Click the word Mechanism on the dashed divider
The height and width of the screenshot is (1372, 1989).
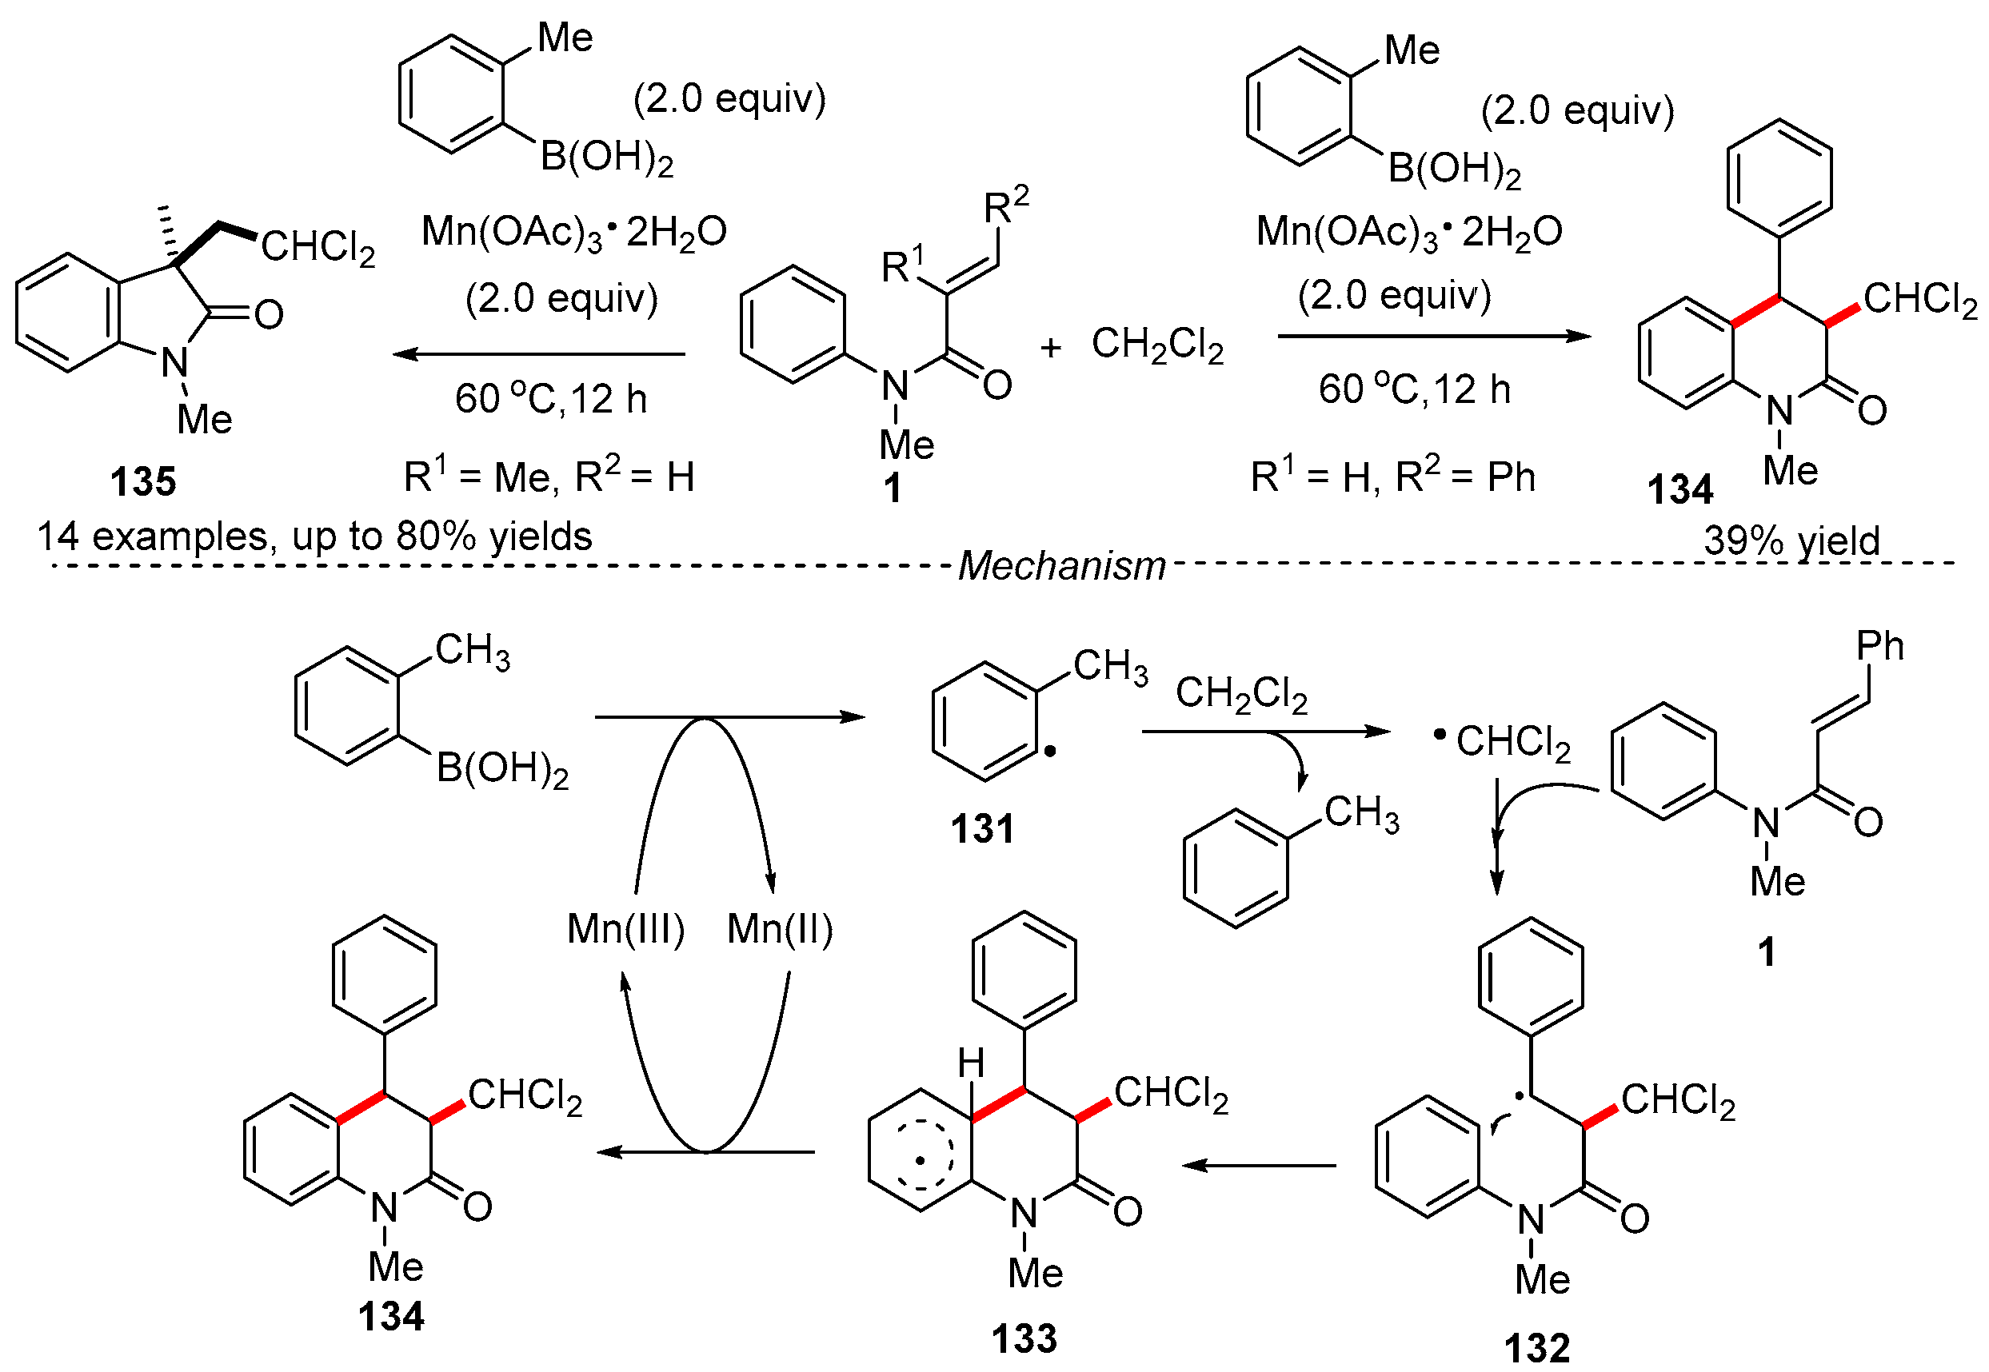[x=1061, y=565]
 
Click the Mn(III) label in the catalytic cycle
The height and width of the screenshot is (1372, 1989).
[x=626, y=929]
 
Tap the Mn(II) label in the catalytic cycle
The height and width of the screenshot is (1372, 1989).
[x=780, y=929]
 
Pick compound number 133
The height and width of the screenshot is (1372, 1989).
[x=1024, y=1338]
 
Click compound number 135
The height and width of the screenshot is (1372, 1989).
[x=142, y=481]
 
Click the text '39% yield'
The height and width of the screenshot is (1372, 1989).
[x=1792, y=540]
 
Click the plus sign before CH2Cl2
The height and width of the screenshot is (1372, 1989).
[x=1051, y=348]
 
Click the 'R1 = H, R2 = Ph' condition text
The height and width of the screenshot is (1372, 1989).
[x=1392, y=477]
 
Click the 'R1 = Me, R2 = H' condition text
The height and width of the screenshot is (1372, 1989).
[x=549, y=477]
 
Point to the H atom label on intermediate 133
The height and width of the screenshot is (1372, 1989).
[x=971, y=1064]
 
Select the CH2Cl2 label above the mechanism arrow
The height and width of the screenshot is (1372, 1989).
[x=1241, y=693]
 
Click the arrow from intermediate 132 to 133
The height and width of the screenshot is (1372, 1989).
[x=1258, y=1166]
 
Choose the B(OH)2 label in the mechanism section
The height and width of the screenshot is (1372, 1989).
[x=502, y=768]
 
